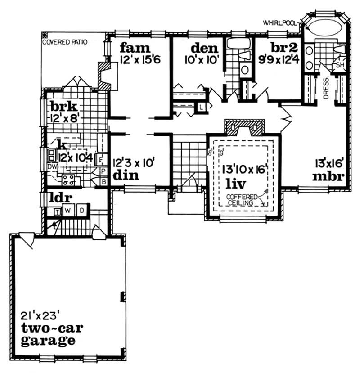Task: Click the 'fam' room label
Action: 135,47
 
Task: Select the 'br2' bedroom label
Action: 283,48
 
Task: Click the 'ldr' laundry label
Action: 62,198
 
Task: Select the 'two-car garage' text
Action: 48,333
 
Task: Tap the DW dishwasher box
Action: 53,166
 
